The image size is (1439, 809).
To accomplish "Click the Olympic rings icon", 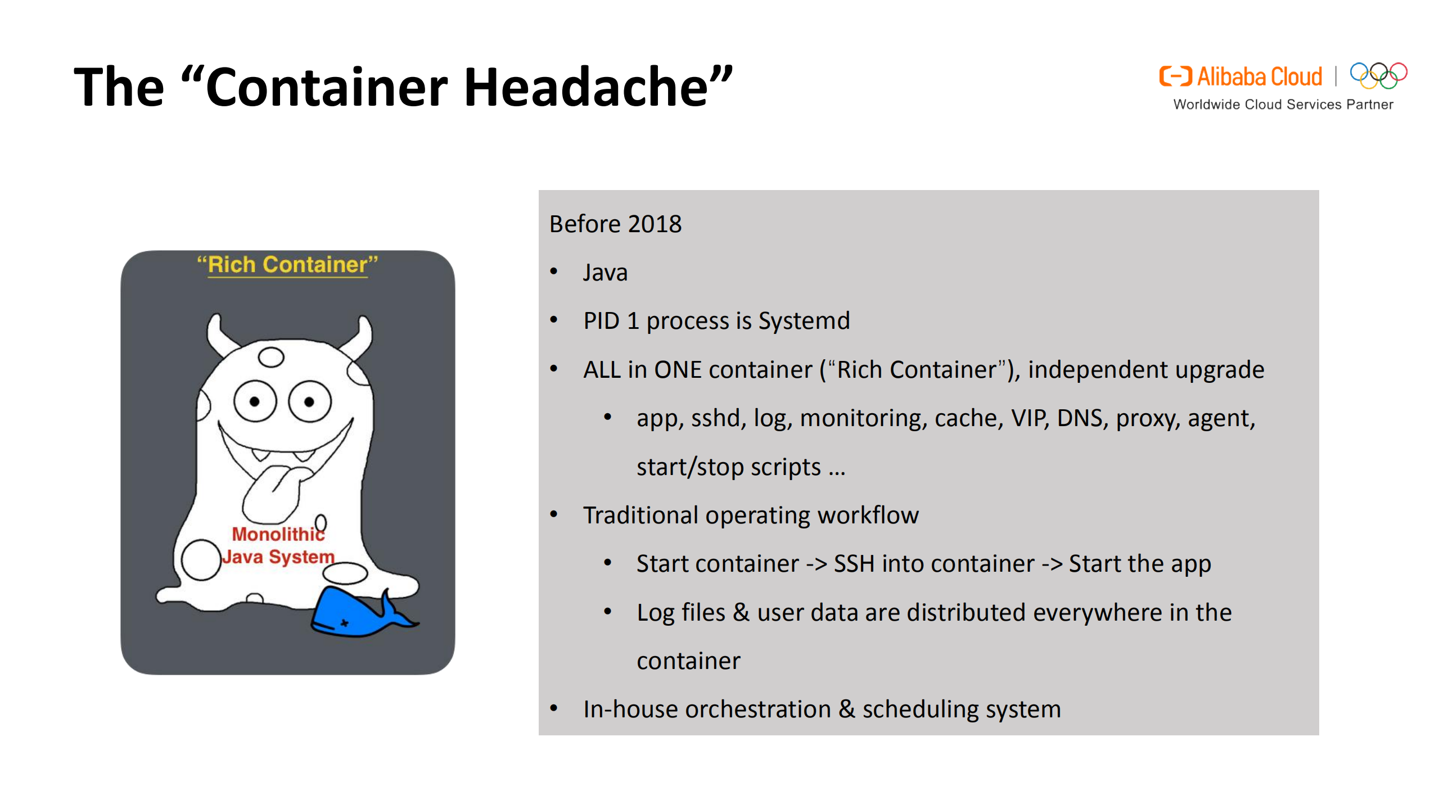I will (1378, 76).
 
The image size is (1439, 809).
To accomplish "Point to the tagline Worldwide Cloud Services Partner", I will (1283, 105).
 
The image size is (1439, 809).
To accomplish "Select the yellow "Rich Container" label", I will (287, 264).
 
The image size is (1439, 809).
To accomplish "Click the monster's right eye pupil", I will (309, 401).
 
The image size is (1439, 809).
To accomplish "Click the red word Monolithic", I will (278, 534).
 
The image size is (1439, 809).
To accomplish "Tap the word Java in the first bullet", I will (605, 273).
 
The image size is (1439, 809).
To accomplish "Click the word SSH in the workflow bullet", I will (854, 564).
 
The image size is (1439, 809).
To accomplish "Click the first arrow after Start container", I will (816, 564).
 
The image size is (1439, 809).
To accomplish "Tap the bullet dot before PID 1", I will (554, 320).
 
